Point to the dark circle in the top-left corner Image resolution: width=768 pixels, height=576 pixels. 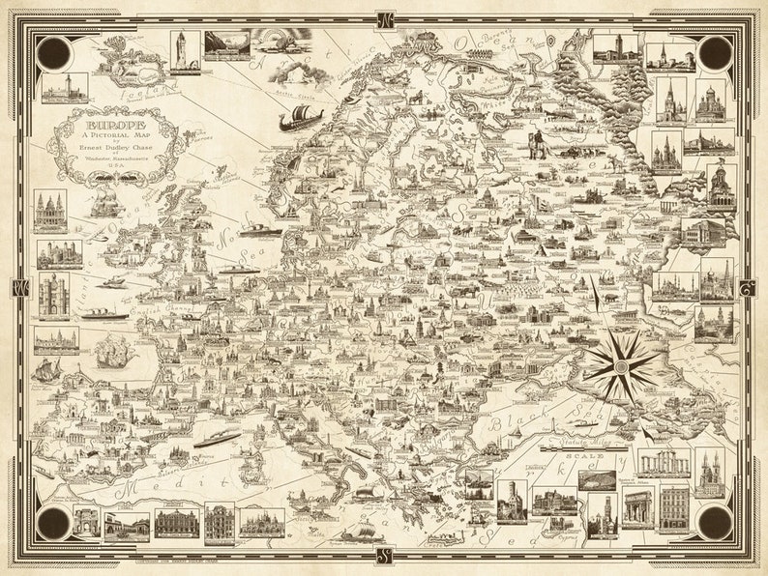51,53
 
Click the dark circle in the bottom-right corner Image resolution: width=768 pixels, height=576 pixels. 716,523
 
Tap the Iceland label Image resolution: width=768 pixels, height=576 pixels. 135,91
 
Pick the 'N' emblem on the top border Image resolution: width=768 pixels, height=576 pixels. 384,18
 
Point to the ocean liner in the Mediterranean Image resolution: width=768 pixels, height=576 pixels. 218,439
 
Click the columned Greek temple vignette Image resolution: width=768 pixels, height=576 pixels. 664,463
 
